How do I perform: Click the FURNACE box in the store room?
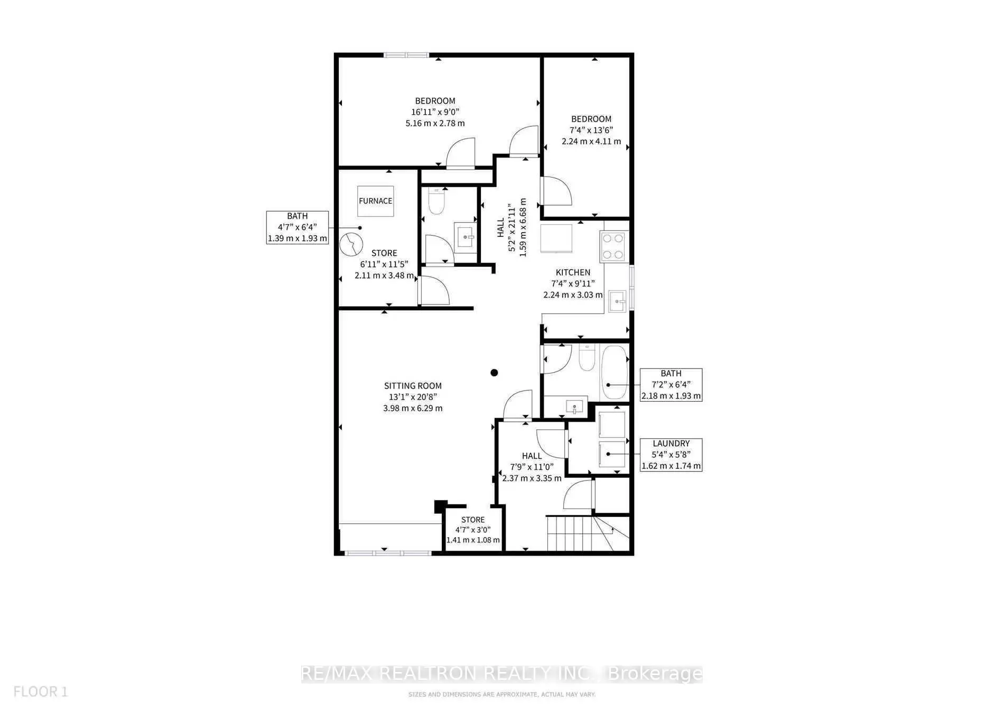pos(375,201)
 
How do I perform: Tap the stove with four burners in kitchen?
pos(613,246)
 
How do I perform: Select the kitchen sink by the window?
pos(617,301)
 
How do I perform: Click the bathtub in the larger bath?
pos(614,372)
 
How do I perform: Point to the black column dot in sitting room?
pos(494,373)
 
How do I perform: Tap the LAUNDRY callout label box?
pos(671,455)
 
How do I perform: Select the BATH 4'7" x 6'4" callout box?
pos(297,227)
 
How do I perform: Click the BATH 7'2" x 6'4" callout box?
pos(671,385)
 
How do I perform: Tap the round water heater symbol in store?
pos(351,245)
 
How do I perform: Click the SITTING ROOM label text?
pos(413,386)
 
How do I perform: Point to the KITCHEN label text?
pos(573,272)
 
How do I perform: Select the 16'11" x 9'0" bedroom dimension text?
pos(435,112)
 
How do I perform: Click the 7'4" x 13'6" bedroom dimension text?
pos(591,130)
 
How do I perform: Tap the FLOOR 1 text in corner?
pos(41,691)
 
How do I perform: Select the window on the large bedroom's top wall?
pos(406,55)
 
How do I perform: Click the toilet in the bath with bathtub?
pos(587,358)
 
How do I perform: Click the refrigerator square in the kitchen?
pos(556,238)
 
